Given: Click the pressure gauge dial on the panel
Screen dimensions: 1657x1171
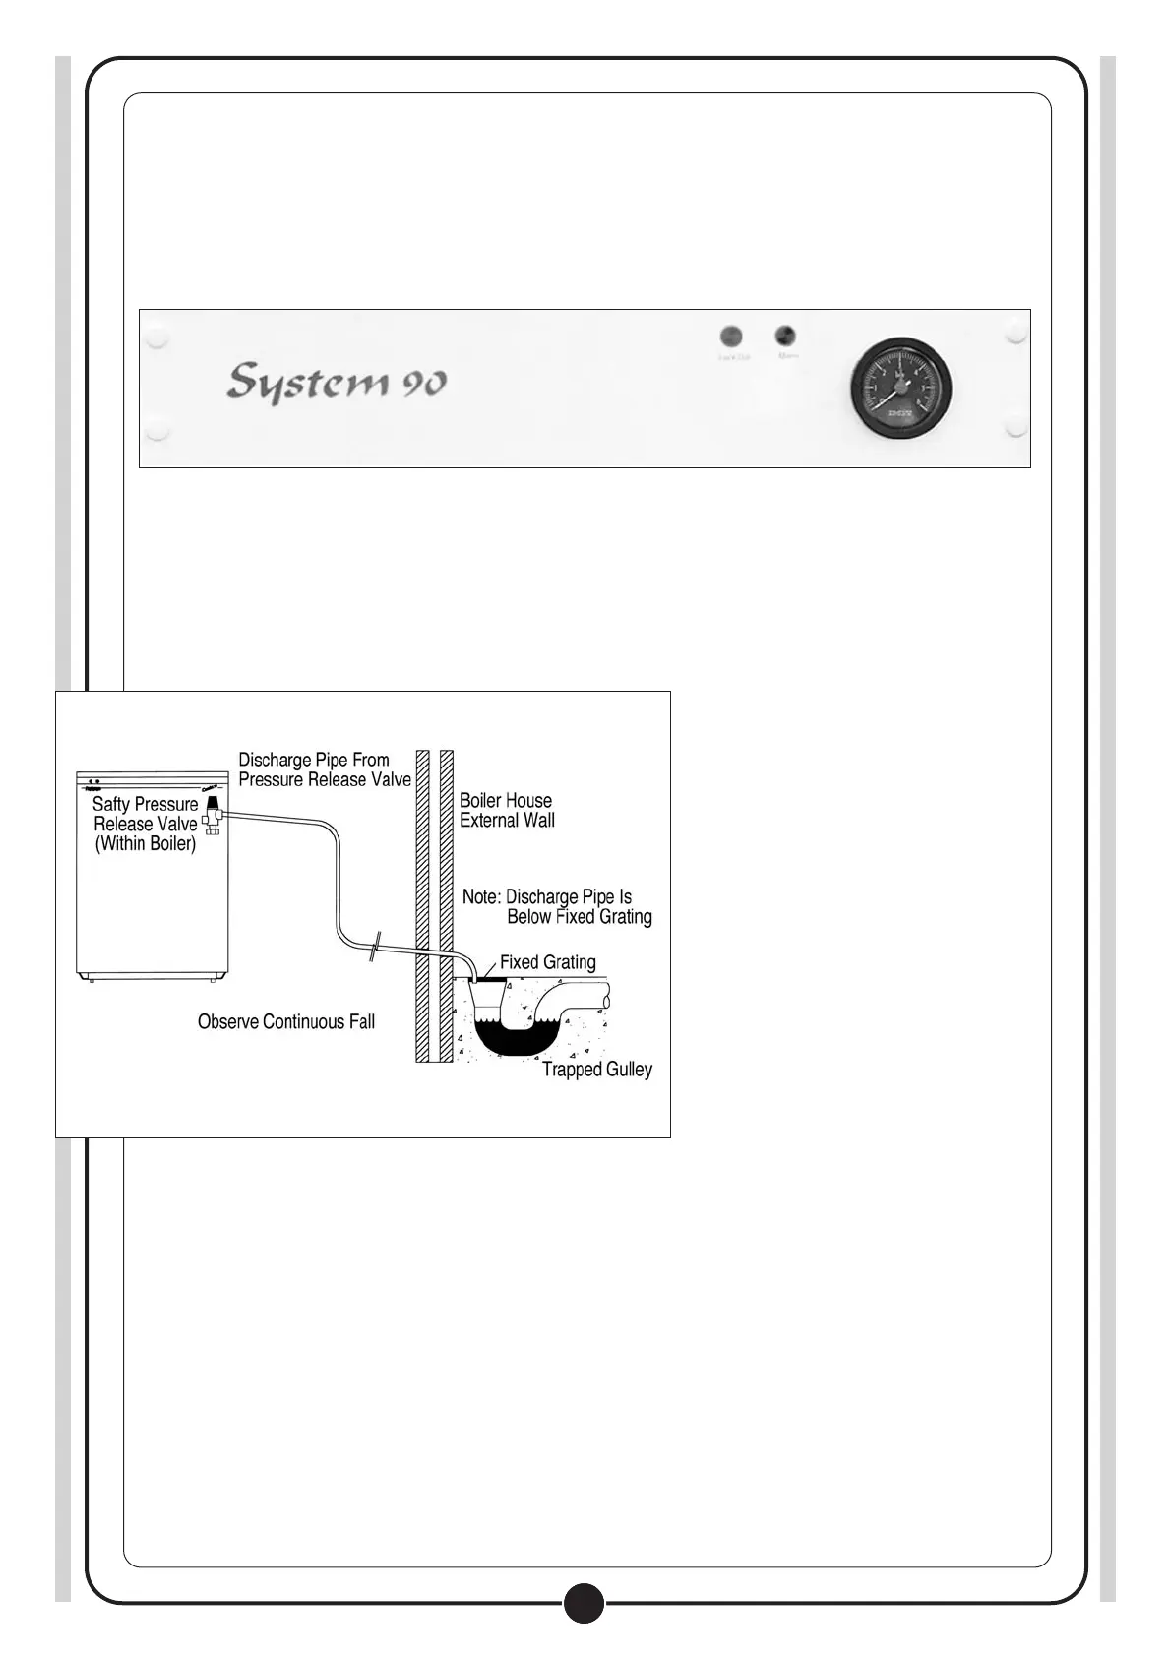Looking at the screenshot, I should point(900,388).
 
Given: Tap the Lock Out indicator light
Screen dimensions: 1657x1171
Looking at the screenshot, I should point(731,337).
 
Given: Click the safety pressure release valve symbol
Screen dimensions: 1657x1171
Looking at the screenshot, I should point(212,816).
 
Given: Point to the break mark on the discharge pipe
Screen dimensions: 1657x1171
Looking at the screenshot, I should point(373,948).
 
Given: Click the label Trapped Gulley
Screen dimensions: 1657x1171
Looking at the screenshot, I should point(596,1070).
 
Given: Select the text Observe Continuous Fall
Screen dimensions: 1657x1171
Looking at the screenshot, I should point(285,1022).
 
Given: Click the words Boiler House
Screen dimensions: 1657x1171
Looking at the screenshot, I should point(505,801).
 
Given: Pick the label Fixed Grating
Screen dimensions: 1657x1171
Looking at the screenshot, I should point(547,962).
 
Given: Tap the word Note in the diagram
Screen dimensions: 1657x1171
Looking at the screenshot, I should point(480,897).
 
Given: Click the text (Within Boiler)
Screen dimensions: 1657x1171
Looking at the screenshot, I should point(145,844).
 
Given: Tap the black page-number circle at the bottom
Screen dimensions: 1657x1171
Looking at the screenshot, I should point(584,1603).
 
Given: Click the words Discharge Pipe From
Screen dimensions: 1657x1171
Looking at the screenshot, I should point(314,760).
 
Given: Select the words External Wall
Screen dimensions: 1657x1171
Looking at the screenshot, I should point(507,821).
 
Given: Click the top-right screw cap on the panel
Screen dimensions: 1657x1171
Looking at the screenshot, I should point(1017,335).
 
